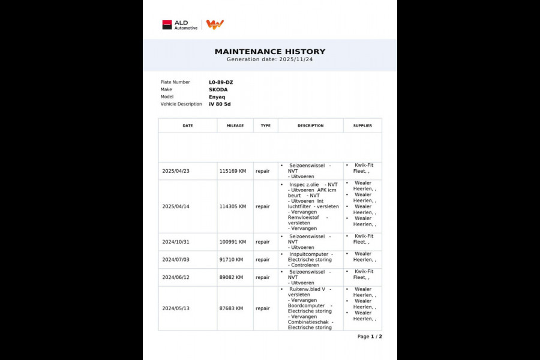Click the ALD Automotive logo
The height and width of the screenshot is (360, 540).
pyautogui.click(x=179, y=25)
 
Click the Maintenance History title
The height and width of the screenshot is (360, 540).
pyautogui.click(x=270, y=52)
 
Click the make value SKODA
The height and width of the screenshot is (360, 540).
pyautogui.click(x=218, y=89)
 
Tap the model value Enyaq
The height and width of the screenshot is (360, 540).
pyautogui.click(x=218, y=97)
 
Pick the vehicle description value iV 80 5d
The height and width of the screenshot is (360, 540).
pyautogui.click(x=220, y=104)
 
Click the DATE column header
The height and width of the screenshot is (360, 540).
pyautogui.click(x=188, y=126)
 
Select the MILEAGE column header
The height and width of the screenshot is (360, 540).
pyautogui.click(x=235, y=126)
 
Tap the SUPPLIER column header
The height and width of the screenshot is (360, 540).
pyautogui.click(x=362, y=126)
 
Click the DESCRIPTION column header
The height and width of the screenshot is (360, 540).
pyautogui.click(x=310, y=126)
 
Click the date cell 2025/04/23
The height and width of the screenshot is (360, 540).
pyautogui.click(x=176, y=171)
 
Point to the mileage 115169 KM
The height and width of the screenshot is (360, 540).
pyautogui.click(x=233, y=171)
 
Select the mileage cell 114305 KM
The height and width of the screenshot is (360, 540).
pyautogui.click(x=233, y=206)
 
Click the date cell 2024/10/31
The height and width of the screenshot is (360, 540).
pyautogui.click(x=176, y=242)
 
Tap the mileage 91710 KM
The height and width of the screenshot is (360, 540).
pyautogui.click(x=231, y=260)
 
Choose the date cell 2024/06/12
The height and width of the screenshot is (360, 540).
pyautogui.click(x=176, y=277)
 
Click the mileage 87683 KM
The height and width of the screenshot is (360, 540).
pyautogui.click(x=231, y=308)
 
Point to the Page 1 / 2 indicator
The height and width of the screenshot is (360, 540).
pyautogui.click(x=370, y=337)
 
